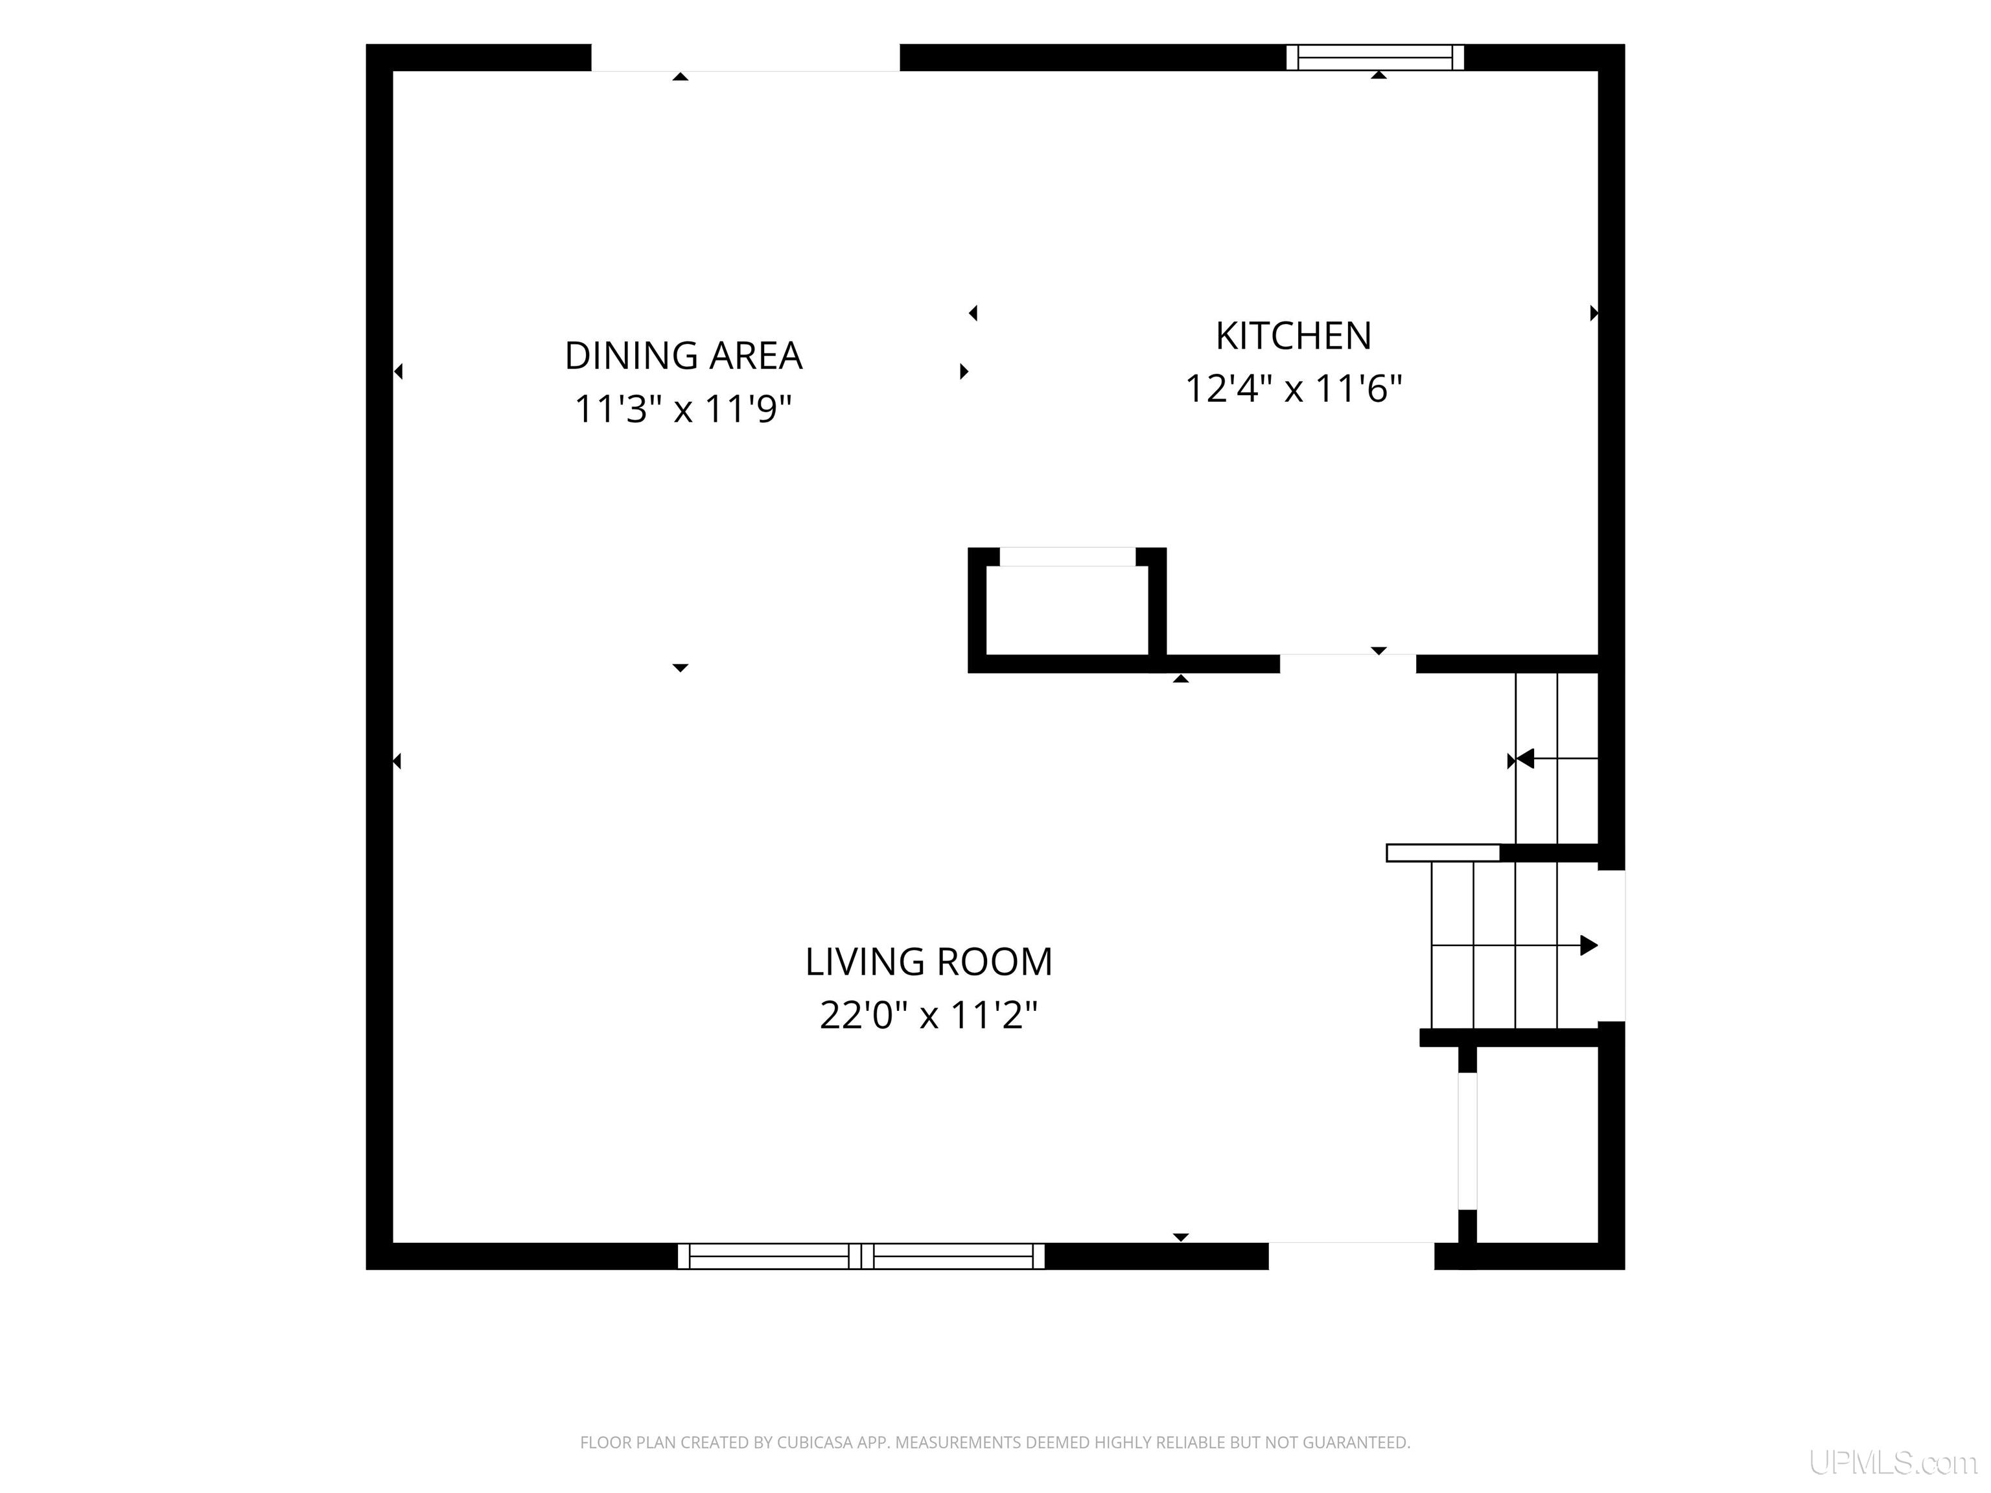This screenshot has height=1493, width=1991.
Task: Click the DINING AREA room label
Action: [683, 356]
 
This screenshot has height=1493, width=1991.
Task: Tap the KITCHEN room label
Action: [1294, 336]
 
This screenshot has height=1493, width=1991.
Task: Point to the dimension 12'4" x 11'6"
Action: [1294, 389]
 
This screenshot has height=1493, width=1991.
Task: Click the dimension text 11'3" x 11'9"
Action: [683, 409]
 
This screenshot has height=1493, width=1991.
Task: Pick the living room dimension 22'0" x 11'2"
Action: [929, 1015]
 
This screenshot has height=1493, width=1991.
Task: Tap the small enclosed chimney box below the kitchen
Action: [1067, 610]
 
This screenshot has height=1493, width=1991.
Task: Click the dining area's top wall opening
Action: [745, 58]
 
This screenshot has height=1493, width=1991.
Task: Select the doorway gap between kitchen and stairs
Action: [1348, 664]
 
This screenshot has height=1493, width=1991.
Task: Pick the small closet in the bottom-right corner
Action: [1537, 1145]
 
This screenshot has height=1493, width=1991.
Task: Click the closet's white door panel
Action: [1467, 1141]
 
